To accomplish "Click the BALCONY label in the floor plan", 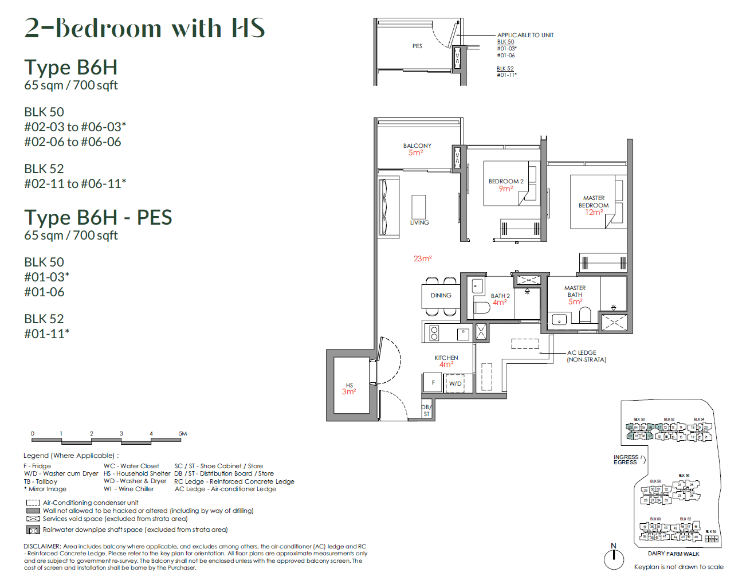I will (x=417, y=146).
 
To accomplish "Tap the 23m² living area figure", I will (x=422, y=259).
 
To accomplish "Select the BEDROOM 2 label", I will (x=505, y=182).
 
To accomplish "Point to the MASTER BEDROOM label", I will (x=594, y=202).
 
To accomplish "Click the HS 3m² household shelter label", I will (x=349, y=389).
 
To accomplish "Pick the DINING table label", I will (x=441, y=296).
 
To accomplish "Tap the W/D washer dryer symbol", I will (x=455, y=383).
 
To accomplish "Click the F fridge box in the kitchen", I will (x=433, y=383).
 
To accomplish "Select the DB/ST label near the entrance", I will (x=426, y=410).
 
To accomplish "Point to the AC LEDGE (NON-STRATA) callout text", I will (x=586, y=356).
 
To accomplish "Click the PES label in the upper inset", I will (x=417, y=46).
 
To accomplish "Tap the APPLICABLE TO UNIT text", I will (x=525, y=36).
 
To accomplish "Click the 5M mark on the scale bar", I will (x=183, y=434).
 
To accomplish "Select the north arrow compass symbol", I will (x=614, y=558).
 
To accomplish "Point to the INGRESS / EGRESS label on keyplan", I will (x=626, y=460).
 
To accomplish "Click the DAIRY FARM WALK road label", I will (x=673, y=554).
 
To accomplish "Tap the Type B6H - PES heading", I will (x=98, y=218).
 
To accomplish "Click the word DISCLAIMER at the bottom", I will (x=41, y=547).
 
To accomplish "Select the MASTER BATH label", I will (x=575, y=292).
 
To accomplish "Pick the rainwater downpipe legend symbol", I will (x=33, y=530).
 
